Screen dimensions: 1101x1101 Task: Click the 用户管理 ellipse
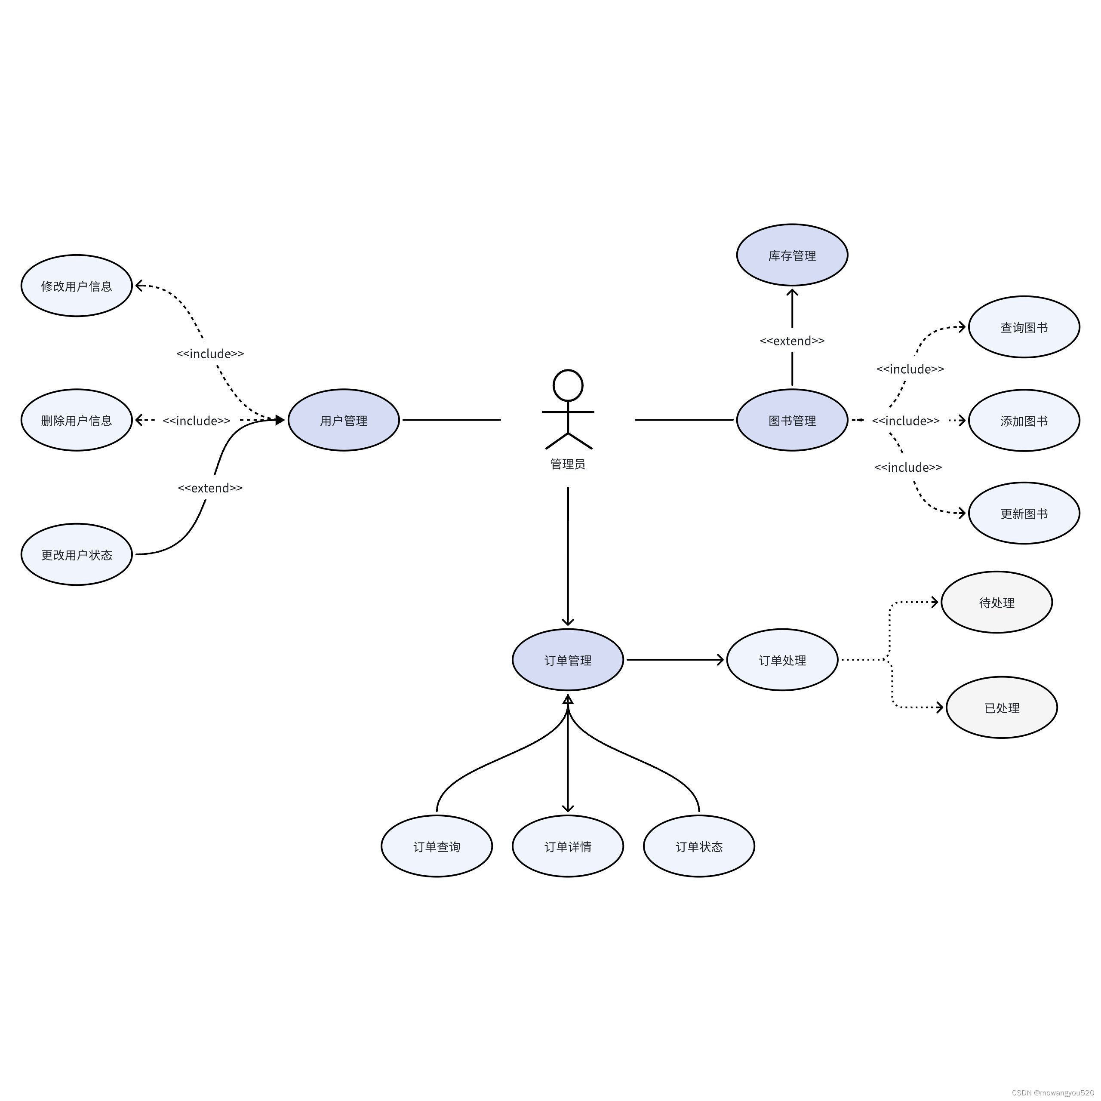pos(344,420)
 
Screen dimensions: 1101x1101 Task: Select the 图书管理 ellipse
pos(792,420)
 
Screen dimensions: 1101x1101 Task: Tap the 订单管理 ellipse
pos(568,660)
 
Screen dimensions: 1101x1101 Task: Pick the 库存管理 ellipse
pos(792,255)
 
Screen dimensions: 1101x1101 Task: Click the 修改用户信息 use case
pos(77,286)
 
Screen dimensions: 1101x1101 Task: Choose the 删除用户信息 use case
pos(77,420)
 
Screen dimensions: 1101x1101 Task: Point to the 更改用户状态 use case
pos(77,554)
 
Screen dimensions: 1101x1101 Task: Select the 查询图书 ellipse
pos(1024,327)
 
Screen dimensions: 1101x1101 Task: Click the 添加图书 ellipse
pos(1024,421)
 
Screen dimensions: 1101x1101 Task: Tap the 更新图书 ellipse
pos(1024,514)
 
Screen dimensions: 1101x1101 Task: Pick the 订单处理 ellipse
pos(782,660)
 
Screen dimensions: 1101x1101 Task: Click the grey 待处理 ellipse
pos(997,603)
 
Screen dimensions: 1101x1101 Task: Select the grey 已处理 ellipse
pos(1002,708)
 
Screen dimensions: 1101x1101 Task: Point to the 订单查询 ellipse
pos(437,846)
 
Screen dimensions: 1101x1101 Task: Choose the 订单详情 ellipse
pos(568,846)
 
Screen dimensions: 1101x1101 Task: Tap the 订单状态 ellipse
pos(699,846)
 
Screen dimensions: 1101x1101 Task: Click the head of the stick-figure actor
pos(568,386)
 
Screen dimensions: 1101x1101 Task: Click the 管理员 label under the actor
pos(568,464)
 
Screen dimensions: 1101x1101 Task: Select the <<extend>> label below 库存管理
pos(792,341)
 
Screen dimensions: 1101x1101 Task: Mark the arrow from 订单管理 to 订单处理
pos(675,660)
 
